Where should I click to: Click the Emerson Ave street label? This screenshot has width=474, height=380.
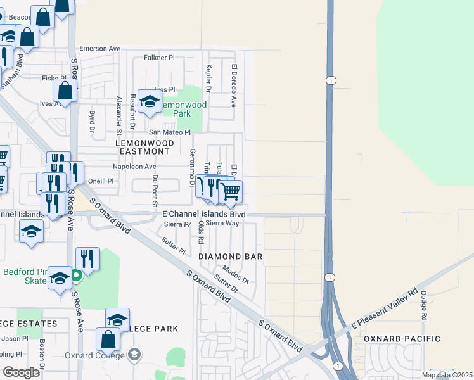click(x=99, y=49)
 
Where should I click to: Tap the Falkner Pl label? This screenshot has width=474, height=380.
click(x=159, y=58)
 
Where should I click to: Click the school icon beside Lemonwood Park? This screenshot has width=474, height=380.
click(x=150, y=102)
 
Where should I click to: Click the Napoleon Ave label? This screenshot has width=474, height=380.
click(x=134, y=167)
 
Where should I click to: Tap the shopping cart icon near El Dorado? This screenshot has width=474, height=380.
click(x=231, y=191)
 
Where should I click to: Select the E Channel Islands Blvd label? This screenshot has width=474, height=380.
click(x=203, y=215)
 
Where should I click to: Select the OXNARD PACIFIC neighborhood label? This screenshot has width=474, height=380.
click(x=402, y=339)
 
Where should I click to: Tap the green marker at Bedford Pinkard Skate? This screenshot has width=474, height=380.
click(x=76, y=275)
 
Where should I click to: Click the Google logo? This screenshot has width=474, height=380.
click(x=22, y=372)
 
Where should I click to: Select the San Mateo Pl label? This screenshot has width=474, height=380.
click(x=170, y=132)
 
